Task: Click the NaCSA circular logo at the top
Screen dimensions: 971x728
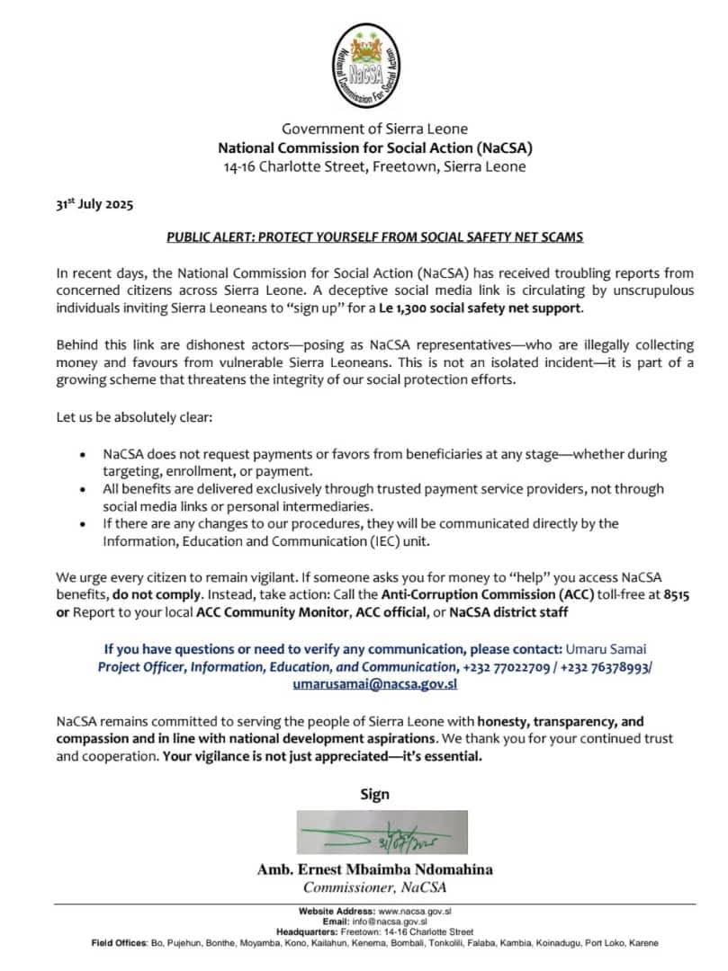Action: click(x=373, y=67)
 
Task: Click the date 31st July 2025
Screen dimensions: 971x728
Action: click(x=94, y=205)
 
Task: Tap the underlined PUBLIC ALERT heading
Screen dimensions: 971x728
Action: click(x=375, y=237)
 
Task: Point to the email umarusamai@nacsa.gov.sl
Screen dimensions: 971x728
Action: click(x=375, y=683)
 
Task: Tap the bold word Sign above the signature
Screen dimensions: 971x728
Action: click(x=374, y=794)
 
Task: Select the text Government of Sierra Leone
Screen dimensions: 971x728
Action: click(x=374, y=129)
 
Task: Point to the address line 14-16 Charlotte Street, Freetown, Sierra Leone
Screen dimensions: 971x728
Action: click(x=374, y=166)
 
